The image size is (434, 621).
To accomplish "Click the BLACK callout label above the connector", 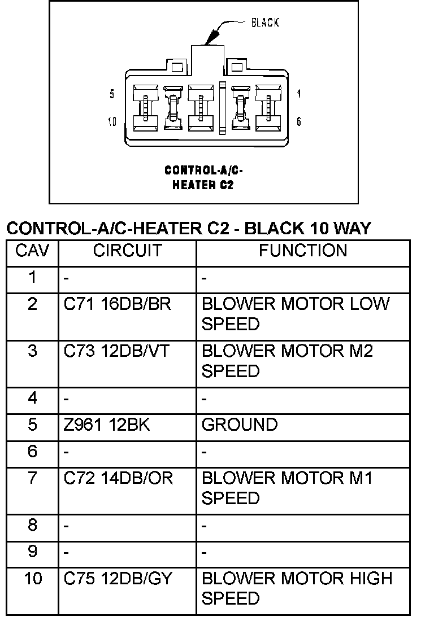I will (x=265, y=23).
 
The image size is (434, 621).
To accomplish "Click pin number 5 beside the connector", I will (x=112, y=95).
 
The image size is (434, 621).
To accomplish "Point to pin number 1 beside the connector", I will (x=299, y=95).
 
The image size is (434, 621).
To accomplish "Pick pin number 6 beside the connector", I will (x=299, y=121).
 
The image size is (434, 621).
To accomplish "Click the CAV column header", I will (x=32, y=250).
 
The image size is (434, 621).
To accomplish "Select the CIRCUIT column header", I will (x=127, y=250).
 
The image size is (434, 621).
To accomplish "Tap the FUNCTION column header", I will (x=303, y=250).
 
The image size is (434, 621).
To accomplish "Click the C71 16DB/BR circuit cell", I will (x=117, y=304).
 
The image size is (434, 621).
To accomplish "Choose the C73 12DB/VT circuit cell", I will (x=117, y=351).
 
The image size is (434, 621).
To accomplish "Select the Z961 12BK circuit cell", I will (x=107, y=425).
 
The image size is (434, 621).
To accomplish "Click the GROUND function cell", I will (x=240, y=425).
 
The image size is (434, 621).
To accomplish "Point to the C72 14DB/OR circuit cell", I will (x=118, y=478).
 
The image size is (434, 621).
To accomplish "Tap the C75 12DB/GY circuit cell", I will (x=118, y=579).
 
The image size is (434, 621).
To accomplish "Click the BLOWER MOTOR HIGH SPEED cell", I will (x=297, y=588).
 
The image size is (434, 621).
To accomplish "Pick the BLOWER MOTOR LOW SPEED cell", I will (x=296, y=314).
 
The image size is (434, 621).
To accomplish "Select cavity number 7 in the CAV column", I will (x=32, y=478).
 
